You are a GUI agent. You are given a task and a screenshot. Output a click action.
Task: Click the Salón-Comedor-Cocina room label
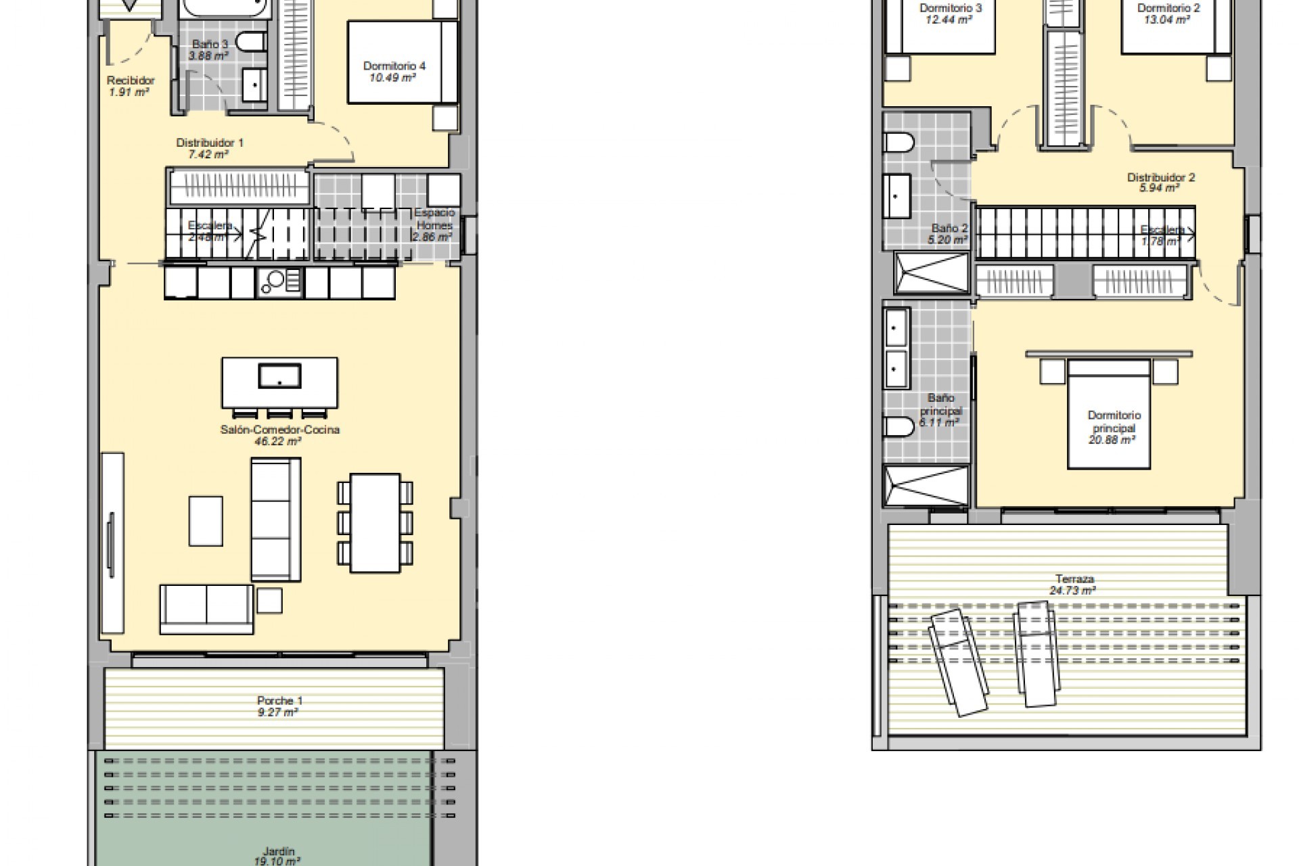point(279,430)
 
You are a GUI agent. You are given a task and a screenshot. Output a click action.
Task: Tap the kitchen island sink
point(279,375)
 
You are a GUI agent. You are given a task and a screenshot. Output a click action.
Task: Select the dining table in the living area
point(375,522)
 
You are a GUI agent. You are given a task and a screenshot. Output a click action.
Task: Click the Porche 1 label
point(275,700)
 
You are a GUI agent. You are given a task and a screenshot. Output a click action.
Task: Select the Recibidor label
point(131,81)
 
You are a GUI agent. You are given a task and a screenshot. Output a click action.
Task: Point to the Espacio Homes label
point(435,219)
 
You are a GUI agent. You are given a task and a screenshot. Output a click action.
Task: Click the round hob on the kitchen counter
point(275,279)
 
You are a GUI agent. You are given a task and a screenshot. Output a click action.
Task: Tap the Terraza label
point(1074,578)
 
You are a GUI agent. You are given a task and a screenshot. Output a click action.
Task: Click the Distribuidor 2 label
point(1160,177)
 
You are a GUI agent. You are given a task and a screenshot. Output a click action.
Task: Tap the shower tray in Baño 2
point(931,272)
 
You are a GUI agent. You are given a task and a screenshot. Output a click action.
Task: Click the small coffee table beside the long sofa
point(206,521)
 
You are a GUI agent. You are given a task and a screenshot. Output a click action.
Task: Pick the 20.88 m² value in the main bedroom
point(1111,440)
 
